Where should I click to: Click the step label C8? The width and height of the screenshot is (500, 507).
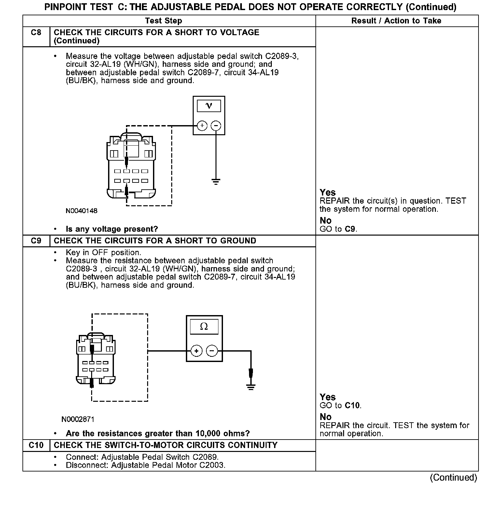click(x=36, y=33)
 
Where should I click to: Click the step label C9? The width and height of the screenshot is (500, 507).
click(x=36, y=241)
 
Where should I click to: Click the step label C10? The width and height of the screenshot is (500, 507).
click(x=36, y=445)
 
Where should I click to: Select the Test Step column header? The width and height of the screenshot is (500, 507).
click(x=163, y=21)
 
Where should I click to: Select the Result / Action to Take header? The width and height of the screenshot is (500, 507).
click(x=396, y=21)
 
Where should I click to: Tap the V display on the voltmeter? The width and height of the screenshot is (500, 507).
click(x=209, y=106)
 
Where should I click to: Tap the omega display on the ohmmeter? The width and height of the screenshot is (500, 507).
click(x=204, y=326)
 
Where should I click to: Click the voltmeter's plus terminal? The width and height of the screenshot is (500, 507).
click(x=202, y=125)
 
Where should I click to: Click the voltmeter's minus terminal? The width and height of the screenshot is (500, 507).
click(x=216, y=125)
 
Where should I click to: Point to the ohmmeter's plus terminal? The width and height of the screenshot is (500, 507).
click(x=196, y=351)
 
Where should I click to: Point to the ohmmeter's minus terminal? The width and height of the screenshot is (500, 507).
click(x=212, y=351)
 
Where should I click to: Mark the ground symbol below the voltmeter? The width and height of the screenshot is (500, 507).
click(x=216, y=181)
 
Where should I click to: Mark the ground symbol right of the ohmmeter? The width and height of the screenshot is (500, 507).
click(x=251, y=387)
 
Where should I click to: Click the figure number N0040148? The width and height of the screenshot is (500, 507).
click(x=81, y=211)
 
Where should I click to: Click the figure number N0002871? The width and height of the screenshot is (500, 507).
click(x=78, y=419)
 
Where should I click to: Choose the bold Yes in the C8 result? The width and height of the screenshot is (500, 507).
click(x=327, y=192)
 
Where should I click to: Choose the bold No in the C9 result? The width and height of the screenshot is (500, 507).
click(x=326, y=417)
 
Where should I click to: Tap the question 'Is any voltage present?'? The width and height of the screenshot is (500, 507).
click(x=112, y=229)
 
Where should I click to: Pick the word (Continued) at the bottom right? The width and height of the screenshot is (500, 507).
click(x=453, y=478)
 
